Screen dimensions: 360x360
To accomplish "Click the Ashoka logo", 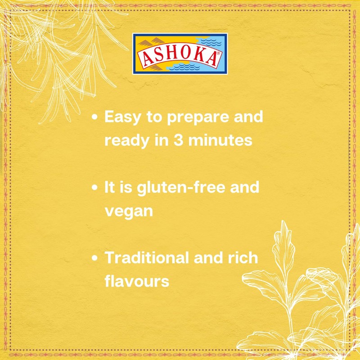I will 180,54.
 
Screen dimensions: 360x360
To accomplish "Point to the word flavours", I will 136,281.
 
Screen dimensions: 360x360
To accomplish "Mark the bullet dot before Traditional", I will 94,259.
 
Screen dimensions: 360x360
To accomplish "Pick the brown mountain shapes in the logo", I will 148,44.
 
